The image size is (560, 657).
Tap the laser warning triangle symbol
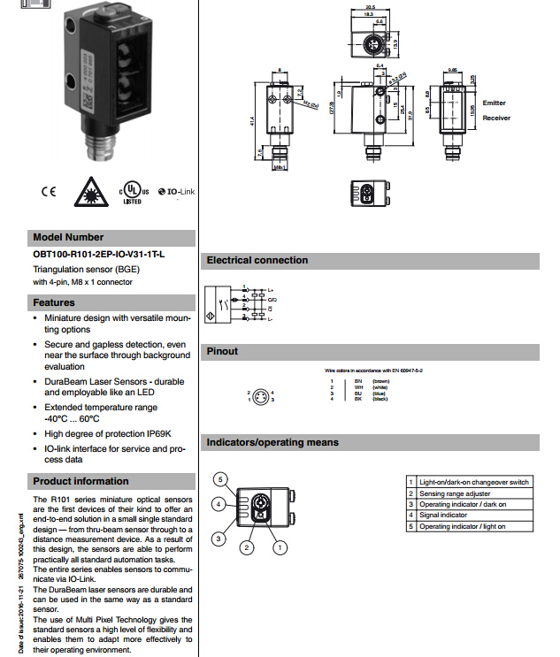point(88,192)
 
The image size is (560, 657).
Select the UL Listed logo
point(131,192)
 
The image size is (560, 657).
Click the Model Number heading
point(68,237)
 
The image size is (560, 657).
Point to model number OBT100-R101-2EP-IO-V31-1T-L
point(98,255)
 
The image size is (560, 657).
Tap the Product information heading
point(81,481)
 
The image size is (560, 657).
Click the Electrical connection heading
point(257,260)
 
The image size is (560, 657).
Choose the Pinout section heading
point(223,351)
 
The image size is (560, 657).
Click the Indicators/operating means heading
point(272,442)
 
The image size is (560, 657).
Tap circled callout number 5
point(222,478)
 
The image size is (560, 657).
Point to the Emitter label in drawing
point(495,103)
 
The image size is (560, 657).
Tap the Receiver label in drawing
point(496,117)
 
